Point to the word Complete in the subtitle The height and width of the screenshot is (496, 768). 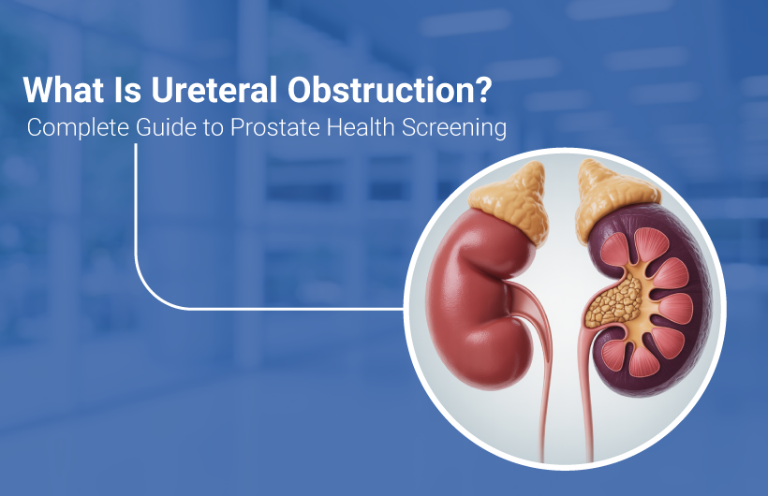tap(72, 128)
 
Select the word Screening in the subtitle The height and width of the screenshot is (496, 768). tap(457, 128)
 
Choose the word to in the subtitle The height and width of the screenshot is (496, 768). tap(212, 128)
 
